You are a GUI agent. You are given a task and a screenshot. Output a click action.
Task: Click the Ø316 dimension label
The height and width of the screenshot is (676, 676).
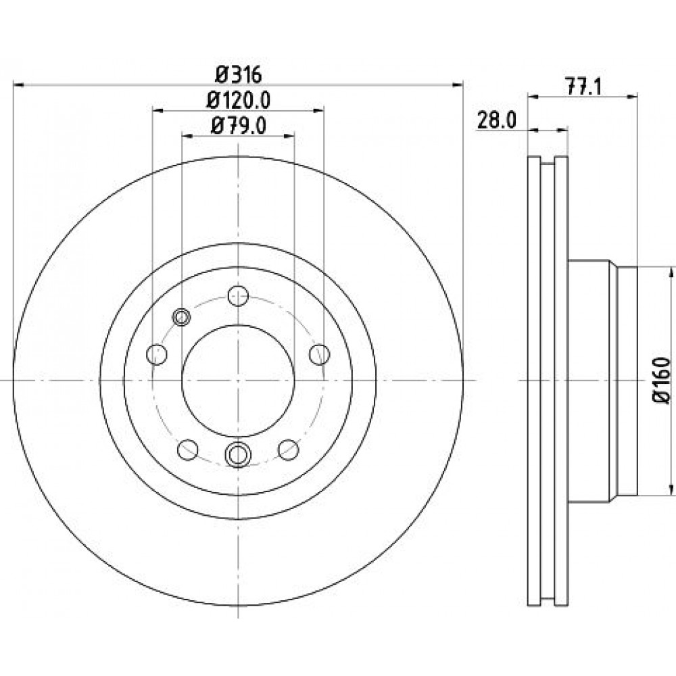(239, 75)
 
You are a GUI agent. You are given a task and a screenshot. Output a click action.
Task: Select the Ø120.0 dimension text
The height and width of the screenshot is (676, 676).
(239, 101)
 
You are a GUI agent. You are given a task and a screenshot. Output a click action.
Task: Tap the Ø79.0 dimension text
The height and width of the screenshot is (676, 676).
(239, 126)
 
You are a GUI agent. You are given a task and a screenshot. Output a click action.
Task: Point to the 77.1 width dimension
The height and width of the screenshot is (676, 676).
(583, 87)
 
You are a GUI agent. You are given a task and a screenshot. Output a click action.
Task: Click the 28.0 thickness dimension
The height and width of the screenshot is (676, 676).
(496, 121)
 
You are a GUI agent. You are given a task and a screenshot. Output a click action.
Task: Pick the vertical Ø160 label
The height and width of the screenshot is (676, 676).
(662, 380)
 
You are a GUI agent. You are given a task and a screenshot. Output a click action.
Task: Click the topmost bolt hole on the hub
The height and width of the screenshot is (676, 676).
(238, 296)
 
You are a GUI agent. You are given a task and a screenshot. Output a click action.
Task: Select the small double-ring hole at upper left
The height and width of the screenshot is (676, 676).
(181, 317)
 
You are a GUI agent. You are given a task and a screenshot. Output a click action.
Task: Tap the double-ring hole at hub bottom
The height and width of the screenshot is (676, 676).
(238, 454)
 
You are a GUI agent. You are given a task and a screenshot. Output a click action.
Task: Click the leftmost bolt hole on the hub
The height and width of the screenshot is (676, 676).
(157, 354)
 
